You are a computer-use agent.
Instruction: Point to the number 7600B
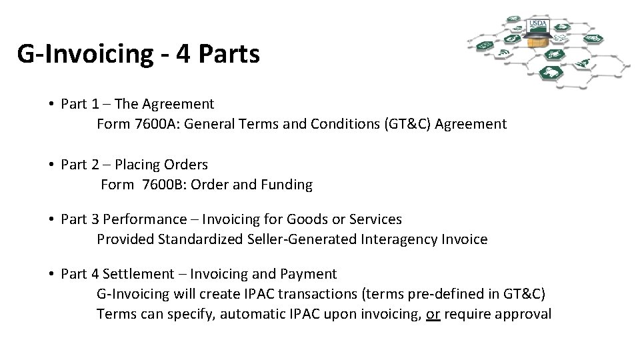(163, 185)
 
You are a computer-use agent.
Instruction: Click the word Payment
(310, 274)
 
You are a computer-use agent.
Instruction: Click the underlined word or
(433, 314)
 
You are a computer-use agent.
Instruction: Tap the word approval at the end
(524, 314)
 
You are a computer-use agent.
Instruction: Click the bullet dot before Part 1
(51, 105)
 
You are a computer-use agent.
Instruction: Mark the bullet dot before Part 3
(51, 219)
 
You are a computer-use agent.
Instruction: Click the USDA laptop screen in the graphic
(538, 26)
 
